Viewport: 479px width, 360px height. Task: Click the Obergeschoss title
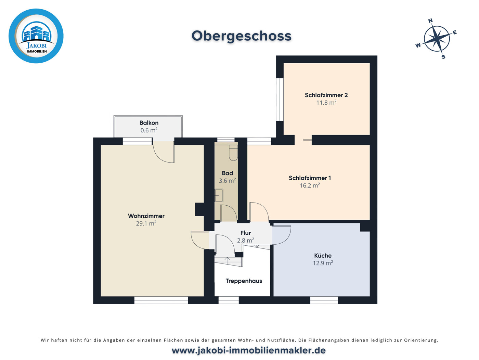point(241,36)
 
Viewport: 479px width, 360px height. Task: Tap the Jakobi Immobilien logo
point(36,36)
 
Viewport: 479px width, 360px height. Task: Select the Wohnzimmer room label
point(146,216)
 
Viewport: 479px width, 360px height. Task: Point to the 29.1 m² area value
point(146,223)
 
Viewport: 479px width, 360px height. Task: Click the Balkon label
point(149,123)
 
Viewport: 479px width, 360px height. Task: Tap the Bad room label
point(227,173)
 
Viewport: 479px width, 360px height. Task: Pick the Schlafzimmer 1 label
point(310,178)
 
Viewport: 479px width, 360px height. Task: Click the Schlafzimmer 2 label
point(326,95)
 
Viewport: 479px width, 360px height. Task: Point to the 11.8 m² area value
point(326,103)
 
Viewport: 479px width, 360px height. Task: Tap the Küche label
point(323,256)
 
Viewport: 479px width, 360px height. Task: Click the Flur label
point(246,233)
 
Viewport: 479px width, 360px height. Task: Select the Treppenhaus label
point(244,281)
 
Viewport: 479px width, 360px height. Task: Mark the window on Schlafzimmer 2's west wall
point(280,99)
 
